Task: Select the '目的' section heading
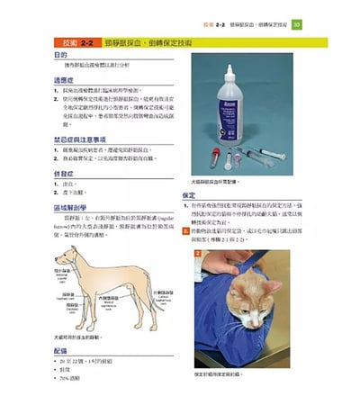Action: click(x=55, y=56)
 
